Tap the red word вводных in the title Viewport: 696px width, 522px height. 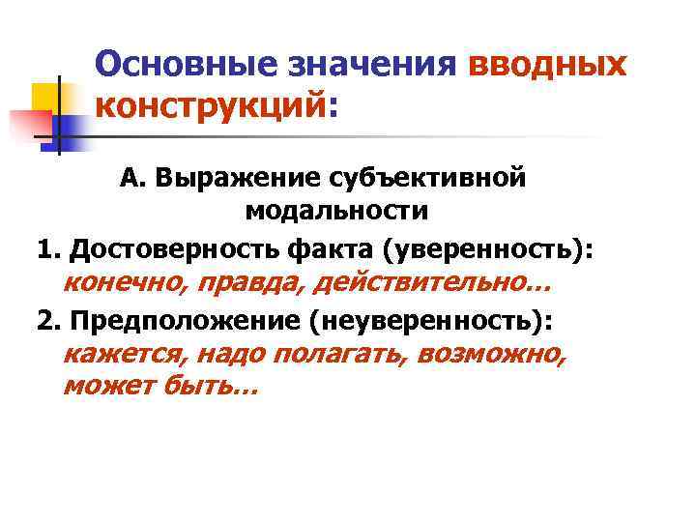click(546, 65)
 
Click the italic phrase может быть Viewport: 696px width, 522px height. click(159, 387)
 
